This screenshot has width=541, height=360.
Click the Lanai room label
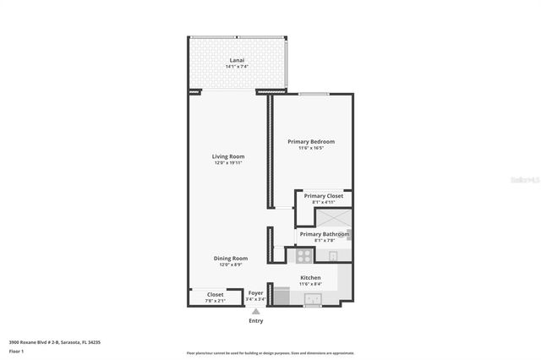click(x=238, y=61)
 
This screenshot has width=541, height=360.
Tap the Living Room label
click(x=227, y=156)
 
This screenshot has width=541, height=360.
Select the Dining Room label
click(x=229, y=258)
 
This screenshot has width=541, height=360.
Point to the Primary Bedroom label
click(x=310, y=141)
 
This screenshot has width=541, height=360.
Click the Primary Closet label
click(x=324, y=196)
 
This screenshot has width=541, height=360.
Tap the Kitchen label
click(x=310, y=277)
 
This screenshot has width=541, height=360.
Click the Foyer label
click(x=255, y=292)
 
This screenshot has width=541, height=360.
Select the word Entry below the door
click(x=255, y=320)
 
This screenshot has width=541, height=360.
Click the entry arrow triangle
click(x=255, y=311)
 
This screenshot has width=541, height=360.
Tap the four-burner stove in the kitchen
click(x=304, y=254)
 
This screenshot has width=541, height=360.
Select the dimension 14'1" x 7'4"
click(x=238, y=68)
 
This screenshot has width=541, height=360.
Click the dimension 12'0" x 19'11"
click(x=227, y=163)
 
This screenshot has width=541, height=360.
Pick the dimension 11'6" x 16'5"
click(x=310, y=148)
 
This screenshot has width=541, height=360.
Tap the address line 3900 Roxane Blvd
click(x=54, y=341)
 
